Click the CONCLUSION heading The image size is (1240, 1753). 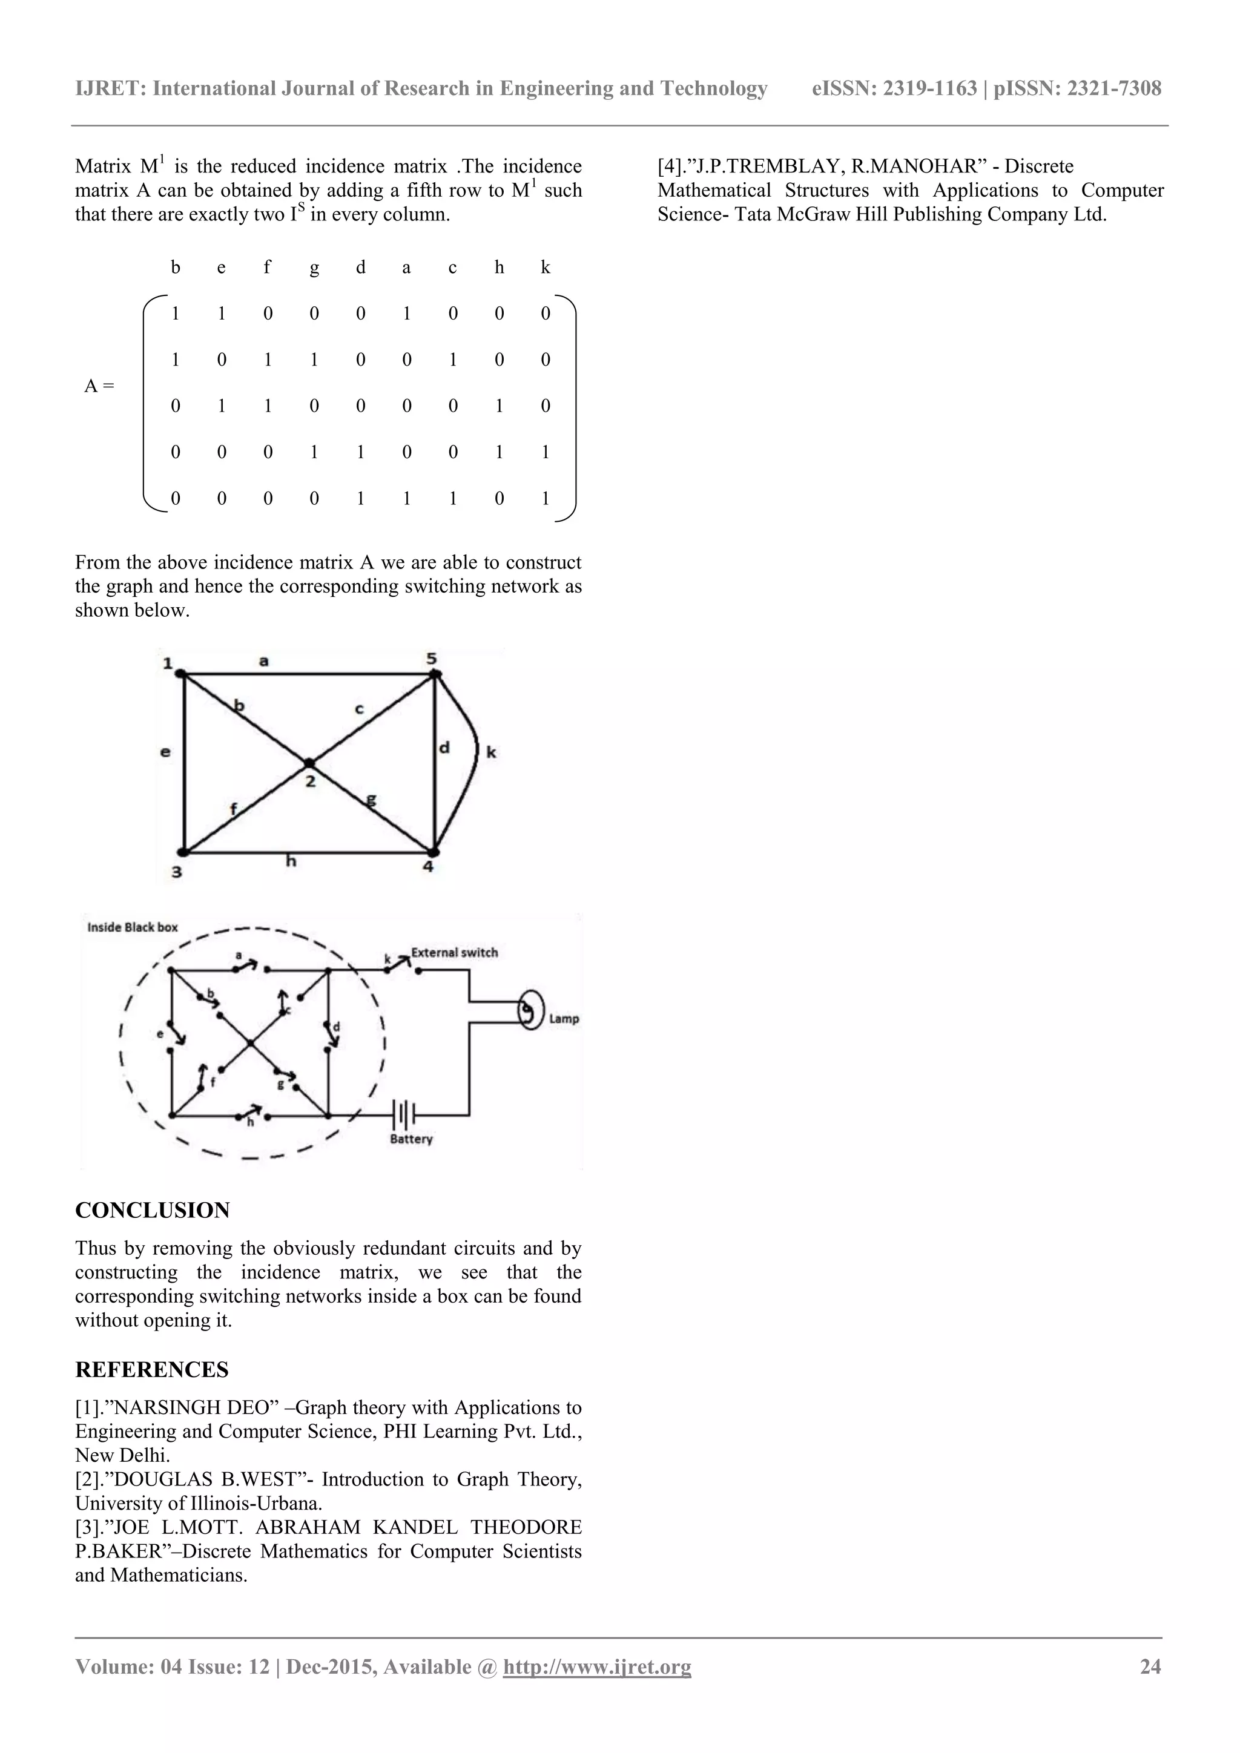point(152,1210)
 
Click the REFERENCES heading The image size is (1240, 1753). point(151,1370)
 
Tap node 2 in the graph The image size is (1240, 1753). point(308,763)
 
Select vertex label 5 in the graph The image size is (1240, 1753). point(432,658)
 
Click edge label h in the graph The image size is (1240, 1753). point(291,861)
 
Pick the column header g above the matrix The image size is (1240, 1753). point(314,267)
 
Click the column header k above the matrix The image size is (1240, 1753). point(545,267)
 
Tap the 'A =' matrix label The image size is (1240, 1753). point(99,386)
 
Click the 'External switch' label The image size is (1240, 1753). point(454,952)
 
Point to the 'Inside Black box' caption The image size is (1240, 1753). point(132,927)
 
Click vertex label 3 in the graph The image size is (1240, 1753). point(176,871)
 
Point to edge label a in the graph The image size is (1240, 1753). point(264,660)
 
